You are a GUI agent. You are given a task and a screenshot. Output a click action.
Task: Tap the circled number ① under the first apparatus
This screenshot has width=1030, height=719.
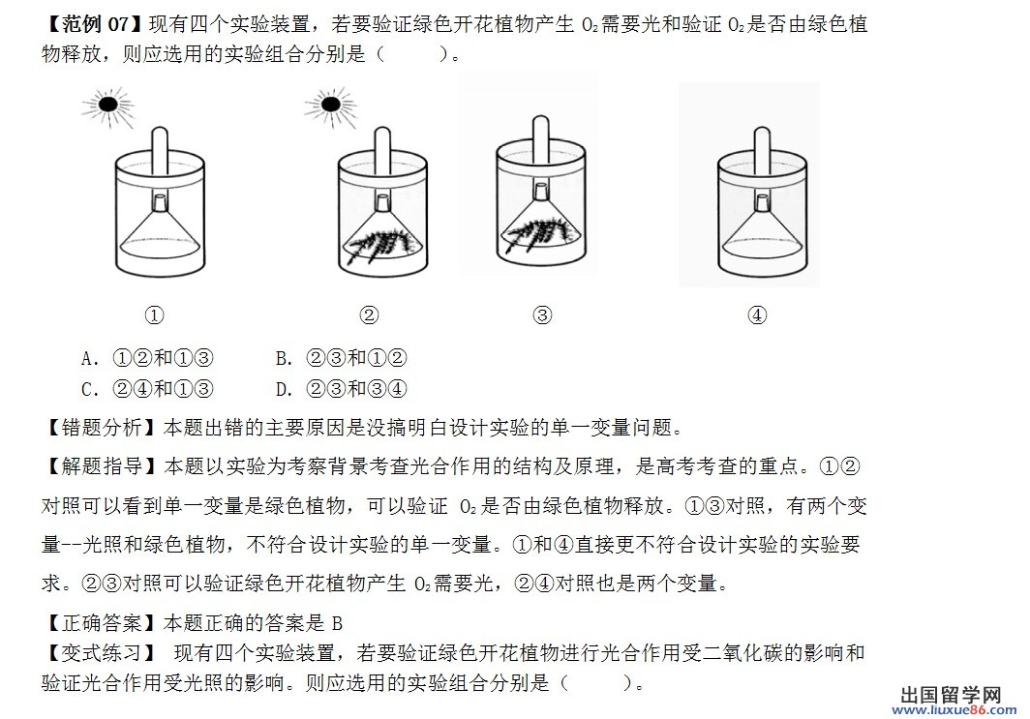(154, 315)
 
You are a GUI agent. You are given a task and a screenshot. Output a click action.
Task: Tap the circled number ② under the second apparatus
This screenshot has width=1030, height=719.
(369, 315)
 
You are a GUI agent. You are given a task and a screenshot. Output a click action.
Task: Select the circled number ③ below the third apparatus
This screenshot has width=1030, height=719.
(542, 315)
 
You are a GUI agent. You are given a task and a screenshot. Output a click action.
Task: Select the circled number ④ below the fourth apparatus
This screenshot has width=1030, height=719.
(757, 315)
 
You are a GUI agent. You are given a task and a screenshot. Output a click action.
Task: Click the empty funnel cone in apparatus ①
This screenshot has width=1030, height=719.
(160, 233)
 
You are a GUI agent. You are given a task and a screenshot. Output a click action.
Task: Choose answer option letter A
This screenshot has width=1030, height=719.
(89, 358)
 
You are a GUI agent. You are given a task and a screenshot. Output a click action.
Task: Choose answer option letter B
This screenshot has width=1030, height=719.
(283, 358)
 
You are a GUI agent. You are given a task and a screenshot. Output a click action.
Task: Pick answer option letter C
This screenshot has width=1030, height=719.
(89, 389)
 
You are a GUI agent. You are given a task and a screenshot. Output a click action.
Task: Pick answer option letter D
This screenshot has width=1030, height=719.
(283, 389)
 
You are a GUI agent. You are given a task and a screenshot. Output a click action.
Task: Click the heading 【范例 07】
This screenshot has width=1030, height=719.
(93, 24)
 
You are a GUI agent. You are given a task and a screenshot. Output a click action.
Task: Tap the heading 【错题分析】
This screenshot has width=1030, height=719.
(102, 428)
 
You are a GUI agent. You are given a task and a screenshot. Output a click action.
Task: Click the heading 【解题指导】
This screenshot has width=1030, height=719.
(102, 466)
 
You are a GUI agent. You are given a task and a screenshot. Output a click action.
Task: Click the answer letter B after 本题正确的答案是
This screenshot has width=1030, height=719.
(337, 623)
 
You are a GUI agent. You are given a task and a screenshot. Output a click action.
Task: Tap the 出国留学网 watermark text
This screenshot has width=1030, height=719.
(951, 695)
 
